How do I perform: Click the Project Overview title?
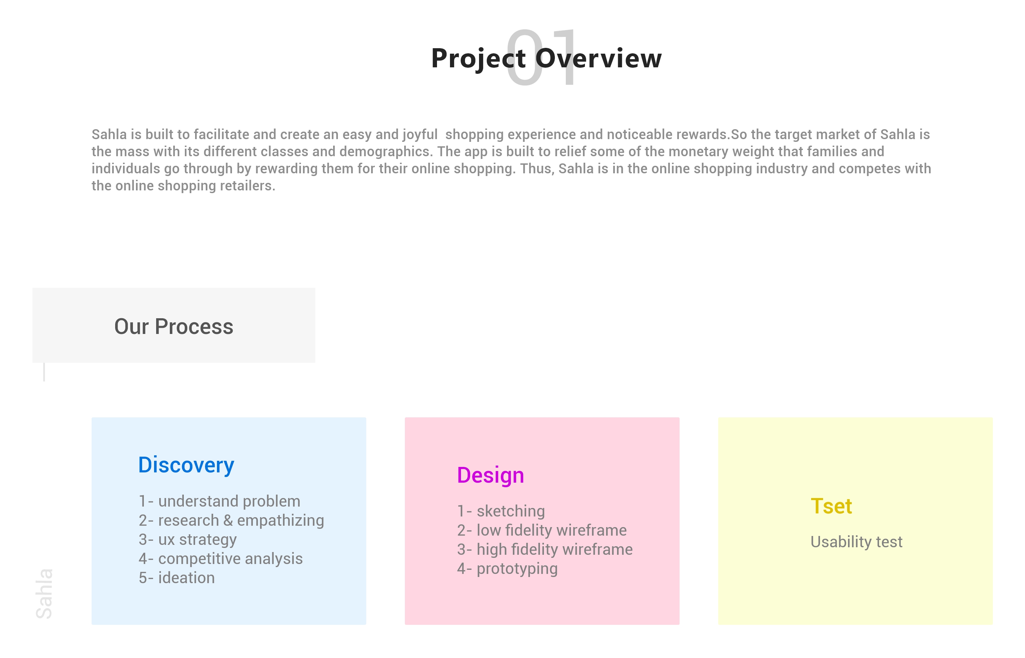(546, 58)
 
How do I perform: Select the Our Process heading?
(174, 327)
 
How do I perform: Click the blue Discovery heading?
(186, 465)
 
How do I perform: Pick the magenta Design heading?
(490, 475)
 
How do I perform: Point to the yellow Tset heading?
(831, 506)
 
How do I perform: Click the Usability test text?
(856, 542)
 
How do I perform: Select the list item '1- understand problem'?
(219, 501)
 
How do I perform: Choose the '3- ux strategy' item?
(188, 540)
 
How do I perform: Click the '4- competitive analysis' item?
(221, 559)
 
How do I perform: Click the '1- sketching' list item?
(501, 511)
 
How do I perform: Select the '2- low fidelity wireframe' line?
(542, 530)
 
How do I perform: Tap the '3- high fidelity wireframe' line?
(545, 550)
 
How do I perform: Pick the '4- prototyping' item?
(507, 569)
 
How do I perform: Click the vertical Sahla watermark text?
(44, 593)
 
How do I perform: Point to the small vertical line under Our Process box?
(44, 372)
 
